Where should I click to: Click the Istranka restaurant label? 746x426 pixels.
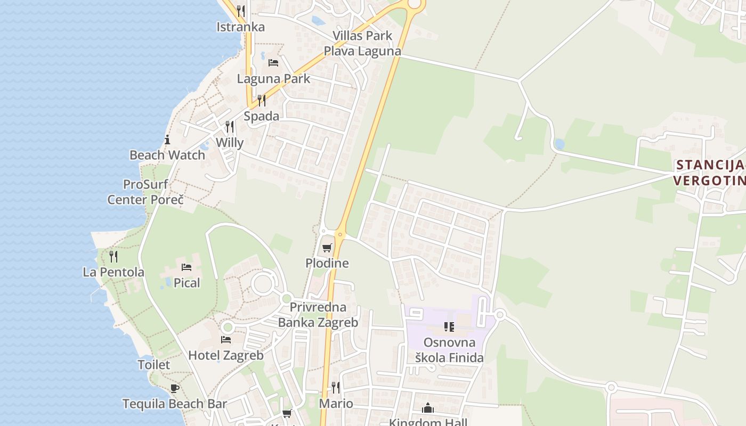(240, 27)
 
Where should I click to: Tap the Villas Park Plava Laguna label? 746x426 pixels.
(362, 44)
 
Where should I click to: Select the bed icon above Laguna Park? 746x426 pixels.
(273, 63)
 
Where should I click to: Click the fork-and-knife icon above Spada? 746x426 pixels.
(261, 100)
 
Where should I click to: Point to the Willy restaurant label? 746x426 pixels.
(230, 143)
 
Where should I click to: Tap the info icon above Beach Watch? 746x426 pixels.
(167, 140)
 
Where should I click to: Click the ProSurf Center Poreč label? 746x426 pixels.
(145, 192)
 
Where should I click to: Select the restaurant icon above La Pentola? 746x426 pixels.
(113, 257)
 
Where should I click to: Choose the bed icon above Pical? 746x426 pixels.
(186, 267)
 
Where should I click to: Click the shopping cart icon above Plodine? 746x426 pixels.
(327, 248)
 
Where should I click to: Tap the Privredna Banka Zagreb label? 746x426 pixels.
(318, 315)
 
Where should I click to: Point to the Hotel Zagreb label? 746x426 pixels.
(226, 355)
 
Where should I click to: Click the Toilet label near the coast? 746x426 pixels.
(154, 365)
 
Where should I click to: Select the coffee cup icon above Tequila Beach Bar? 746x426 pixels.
(174, 388)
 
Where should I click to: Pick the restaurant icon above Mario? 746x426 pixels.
(336, 387)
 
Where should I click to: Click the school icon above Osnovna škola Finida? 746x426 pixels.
(449, 326)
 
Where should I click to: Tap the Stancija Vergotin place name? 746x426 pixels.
(709, 173)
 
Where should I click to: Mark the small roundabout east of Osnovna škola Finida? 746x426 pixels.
(500, 315)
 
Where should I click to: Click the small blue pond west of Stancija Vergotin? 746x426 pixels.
(559, 144)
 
